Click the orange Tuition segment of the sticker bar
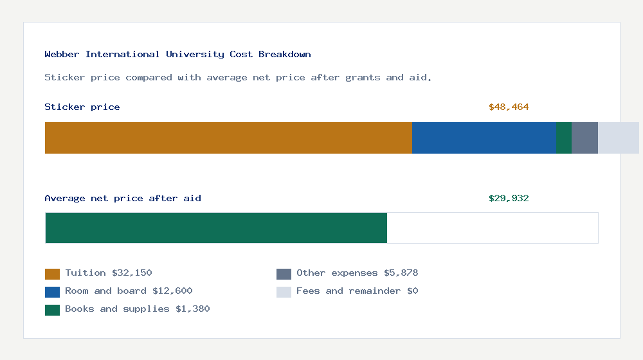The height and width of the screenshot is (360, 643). [x=228, y=138]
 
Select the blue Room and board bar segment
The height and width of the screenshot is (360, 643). [x=484, y=138]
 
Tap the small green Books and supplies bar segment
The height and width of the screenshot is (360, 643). [x=564, y=138]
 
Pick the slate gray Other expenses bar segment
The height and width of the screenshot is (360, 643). [x=584, y=138]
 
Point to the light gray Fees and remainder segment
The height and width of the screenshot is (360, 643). [x=618, y=138]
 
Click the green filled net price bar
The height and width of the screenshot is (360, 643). [x=216, y=228]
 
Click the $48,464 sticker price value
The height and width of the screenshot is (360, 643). [x=509, y=107]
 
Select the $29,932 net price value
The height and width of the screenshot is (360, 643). [x=509, y=199]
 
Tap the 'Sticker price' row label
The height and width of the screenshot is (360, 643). [x=82, y=107]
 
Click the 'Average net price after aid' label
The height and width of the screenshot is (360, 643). [x=123, y=199]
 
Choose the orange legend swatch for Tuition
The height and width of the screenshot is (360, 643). [x=52, y=274]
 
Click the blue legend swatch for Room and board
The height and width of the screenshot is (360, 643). [x=52, y=292]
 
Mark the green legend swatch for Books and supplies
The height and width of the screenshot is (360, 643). [x=52, y=310]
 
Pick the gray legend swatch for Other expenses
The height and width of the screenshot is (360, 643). [x=284, y=274]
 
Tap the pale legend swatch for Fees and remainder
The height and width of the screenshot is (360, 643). [x=284, y=292]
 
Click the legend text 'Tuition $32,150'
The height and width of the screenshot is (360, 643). [x=109, y=273]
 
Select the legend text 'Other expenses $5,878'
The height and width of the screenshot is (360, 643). [x=358, y=273]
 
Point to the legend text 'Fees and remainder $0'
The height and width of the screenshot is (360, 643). [x=358, y=291]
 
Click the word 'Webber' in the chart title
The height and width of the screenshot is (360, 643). [x=62, y=55]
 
